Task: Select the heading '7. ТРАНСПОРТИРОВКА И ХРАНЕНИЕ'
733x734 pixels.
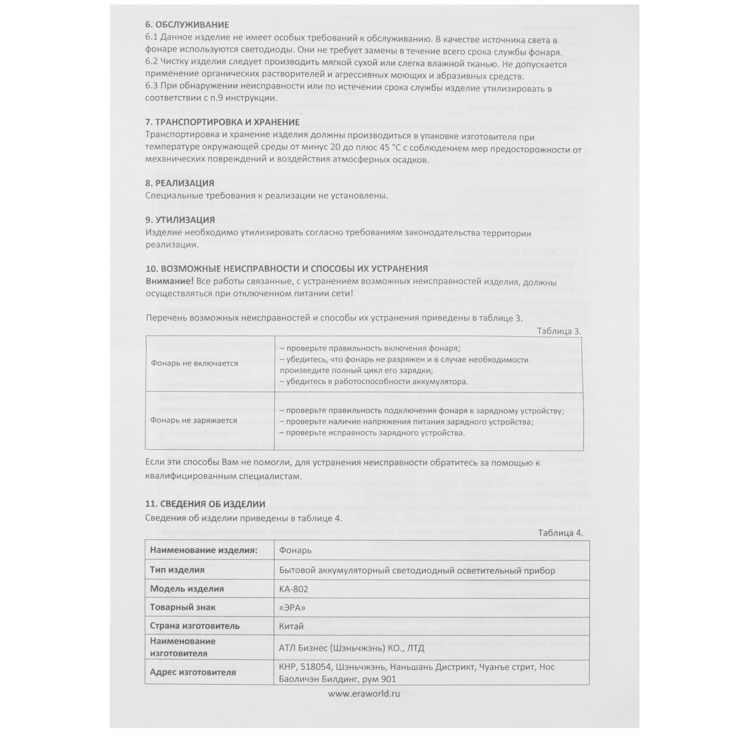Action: pyautogui.click(x=222, y=122)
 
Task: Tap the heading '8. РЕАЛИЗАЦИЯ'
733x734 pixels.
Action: pyautogui.click(x=180, y=183)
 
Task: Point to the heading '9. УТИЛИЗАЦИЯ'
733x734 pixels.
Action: pyautogui.click(x=180, y=220)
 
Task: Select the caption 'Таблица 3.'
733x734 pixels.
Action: pyautogui.click(x=559, y=331)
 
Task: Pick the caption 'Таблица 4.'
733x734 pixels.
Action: pyautogui.click(x=560, y=533)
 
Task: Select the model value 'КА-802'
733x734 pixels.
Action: pyautogui.click(x=293, y=589)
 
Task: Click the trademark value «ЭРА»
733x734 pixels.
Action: pyautogui.click(x=292, y=608)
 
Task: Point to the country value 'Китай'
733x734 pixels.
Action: pyautogui.click(x=291, y=626)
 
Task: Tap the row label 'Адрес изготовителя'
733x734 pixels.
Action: pyautogui.click(x=193, y=672)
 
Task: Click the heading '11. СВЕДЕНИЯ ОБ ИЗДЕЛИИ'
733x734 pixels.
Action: pyautogui.click(x=205, y=504)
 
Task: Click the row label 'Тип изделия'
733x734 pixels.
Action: pyautogui.click(x=177, y=570)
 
